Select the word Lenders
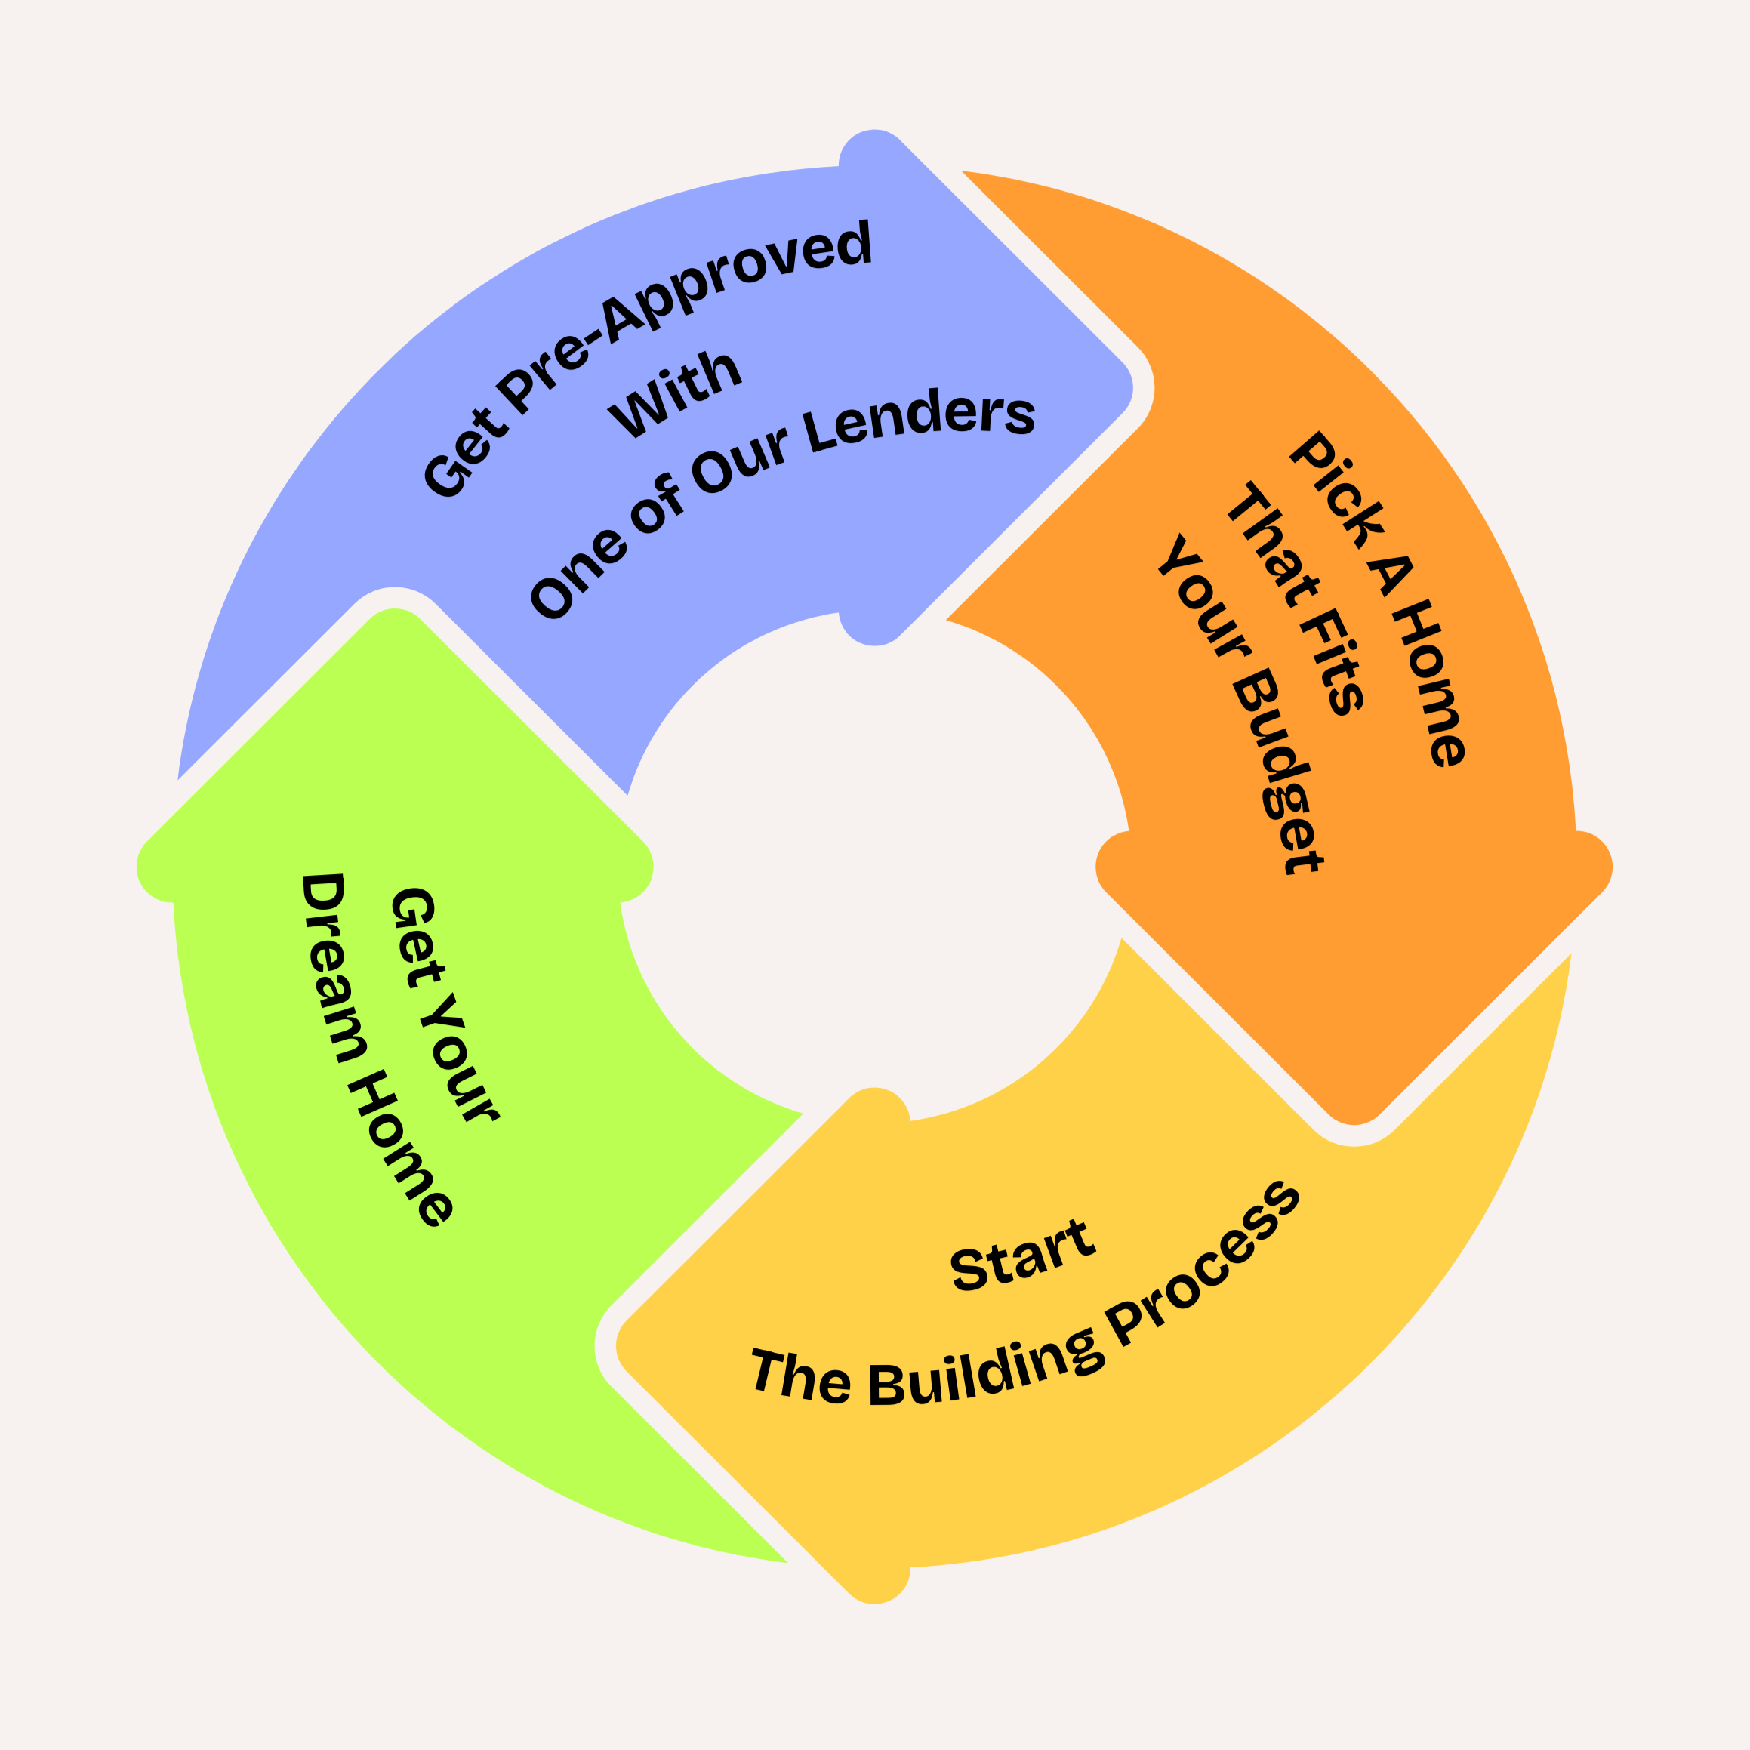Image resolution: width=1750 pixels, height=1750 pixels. tap(920, 421)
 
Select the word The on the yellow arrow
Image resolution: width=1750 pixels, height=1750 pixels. tap(801, 1377)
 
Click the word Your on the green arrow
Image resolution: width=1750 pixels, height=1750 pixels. tap(458, 1060)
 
